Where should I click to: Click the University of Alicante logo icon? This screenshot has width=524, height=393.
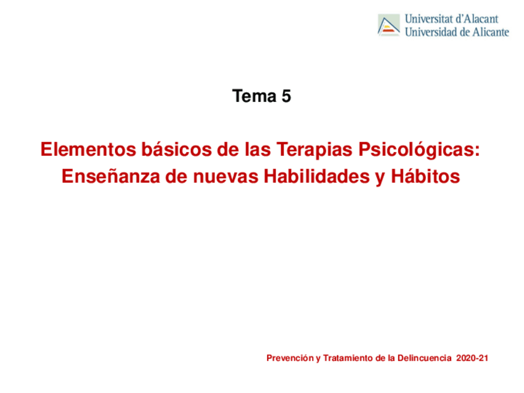(x=389, y=25)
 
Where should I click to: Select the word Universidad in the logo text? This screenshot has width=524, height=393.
(x=431, y=32)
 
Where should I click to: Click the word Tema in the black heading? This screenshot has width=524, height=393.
(x=255, y=96)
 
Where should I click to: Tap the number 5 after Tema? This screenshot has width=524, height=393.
(x=286, y=96)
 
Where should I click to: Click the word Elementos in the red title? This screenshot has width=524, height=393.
(x=88, y=149)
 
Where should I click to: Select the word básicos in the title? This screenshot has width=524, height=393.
(x=177, y=149)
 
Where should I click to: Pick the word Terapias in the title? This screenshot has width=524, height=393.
(x=315, y=150)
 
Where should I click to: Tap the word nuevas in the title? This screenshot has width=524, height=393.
(x=226, y=177)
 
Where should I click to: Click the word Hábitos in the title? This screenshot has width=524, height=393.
(x=425, y=176)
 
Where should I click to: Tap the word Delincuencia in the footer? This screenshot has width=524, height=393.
(x=425, y=358)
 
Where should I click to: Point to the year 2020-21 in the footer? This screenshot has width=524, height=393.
(x=472, y=358)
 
